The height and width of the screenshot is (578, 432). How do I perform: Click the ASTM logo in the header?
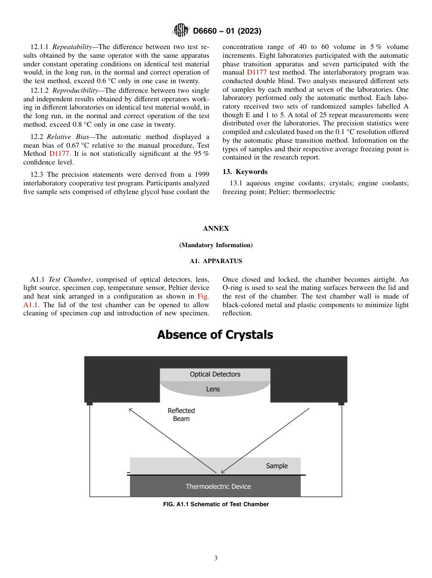point(181,31)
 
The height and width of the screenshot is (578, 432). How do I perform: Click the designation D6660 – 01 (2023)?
point(227,31)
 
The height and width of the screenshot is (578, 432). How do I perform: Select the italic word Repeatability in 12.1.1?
point(71,47)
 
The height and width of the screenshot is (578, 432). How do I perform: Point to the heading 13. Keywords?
point(245,172)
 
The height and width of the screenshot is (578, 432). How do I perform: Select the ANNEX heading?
point(216,229)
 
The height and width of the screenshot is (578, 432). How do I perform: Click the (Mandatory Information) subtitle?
point(216,245)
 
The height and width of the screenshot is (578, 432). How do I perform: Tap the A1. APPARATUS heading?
point(216,261)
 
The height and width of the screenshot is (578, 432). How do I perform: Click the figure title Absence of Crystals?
point(215,335)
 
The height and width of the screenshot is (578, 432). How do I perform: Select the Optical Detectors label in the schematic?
point(215,374)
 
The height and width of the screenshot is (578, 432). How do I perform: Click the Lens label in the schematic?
point(213,389)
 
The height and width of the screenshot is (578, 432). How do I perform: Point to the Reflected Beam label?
point(181,414)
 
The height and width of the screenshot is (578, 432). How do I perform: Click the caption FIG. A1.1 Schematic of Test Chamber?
point(216,504)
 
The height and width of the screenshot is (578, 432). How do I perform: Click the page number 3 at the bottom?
point(216,558)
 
